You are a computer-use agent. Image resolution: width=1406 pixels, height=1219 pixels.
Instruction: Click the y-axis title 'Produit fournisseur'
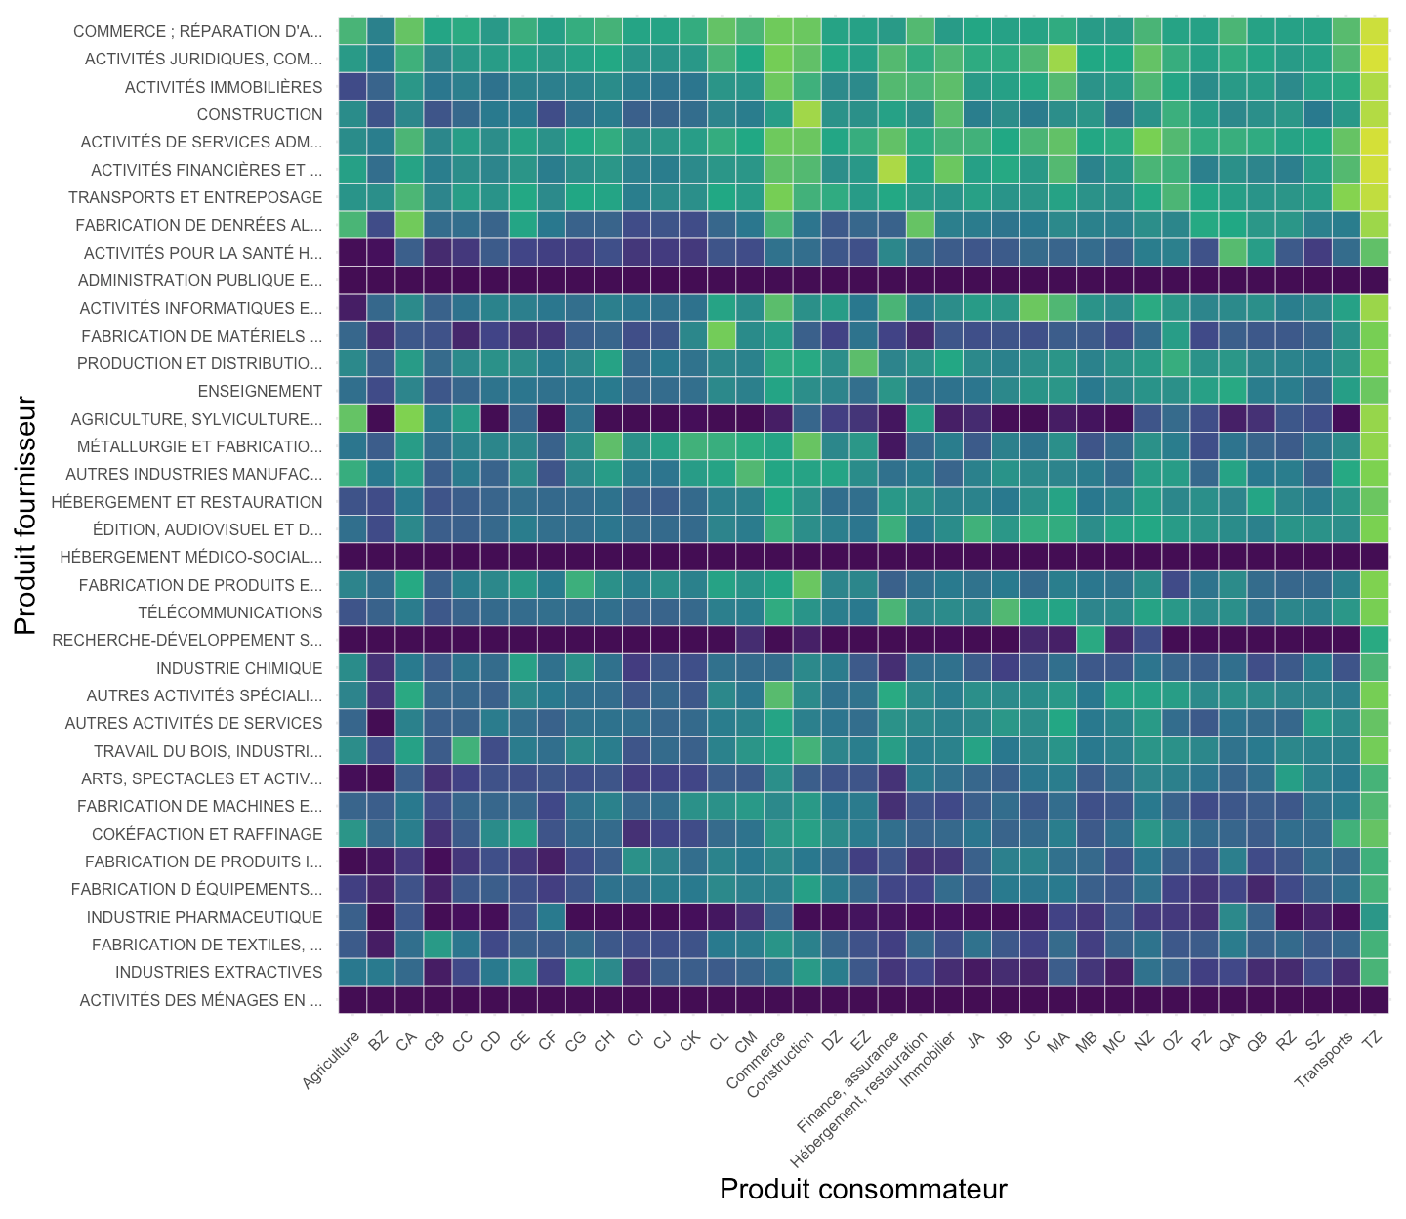point(24,515)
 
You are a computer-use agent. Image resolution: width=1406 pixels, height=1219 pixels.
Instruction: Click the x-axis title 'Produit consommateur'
point(863,1189)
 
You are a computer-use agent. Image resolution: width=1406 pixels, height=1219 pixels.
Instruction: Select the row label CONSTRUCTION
point(259,114)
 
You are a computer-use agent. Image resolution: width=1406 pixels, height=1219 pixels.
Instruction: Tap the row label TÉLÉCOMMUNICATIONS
point(229,612)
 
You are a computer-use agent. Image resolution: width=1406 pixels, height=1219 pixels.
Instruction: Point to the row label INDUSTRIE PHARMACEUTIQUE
point(204,917)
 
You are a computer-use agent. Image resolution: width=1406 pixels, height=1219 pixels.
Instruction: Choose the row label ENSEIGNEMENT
point(260,391)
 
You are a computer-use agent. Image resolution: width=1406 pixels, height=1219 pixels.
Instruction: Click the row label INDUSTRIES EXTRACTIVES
point(219,972)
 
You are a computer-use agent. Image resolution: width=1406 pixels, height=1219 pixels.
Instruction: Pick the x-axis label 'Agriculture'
point(331,1060)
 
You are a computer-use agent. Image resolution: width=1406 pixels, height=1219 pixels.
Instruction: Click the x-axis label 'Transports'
point(1324,1059)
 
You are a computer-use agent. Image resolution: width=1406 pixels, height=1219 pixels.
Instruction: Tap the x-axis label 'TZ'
point(1373,1039)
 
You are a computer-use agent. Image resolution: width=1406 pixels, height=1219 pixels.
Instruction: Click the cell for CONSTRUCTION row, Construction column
point(806,114)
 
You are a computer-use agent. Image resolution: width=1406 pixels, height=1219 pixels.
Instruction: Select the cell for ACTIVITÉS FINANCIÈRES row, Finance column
point(891,170)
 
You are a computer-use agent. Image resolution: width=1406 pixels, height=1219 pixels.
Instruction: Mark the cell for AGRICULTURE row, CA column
point(409,419)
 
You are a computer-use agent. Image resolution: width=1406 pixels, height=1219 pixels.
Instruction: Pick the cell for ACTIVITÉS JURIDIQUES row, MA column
point(1061,59)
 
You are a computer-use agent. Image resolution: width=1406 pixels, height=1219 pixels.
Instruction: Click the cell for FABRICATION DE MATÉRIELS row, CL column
point(722,336)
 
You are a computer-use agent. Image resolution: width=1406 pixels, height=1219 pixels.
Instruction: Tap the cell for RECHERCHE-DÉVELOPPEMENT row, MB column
point(1091,640)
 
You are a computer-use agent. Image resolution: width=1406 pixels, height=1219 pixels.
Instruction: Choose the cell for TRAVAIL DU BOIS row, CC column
point(466,751)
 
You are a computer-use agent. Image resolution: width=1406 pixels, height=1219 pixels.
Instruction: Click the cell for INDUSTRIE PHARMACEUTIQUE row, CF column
point(551,917)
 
